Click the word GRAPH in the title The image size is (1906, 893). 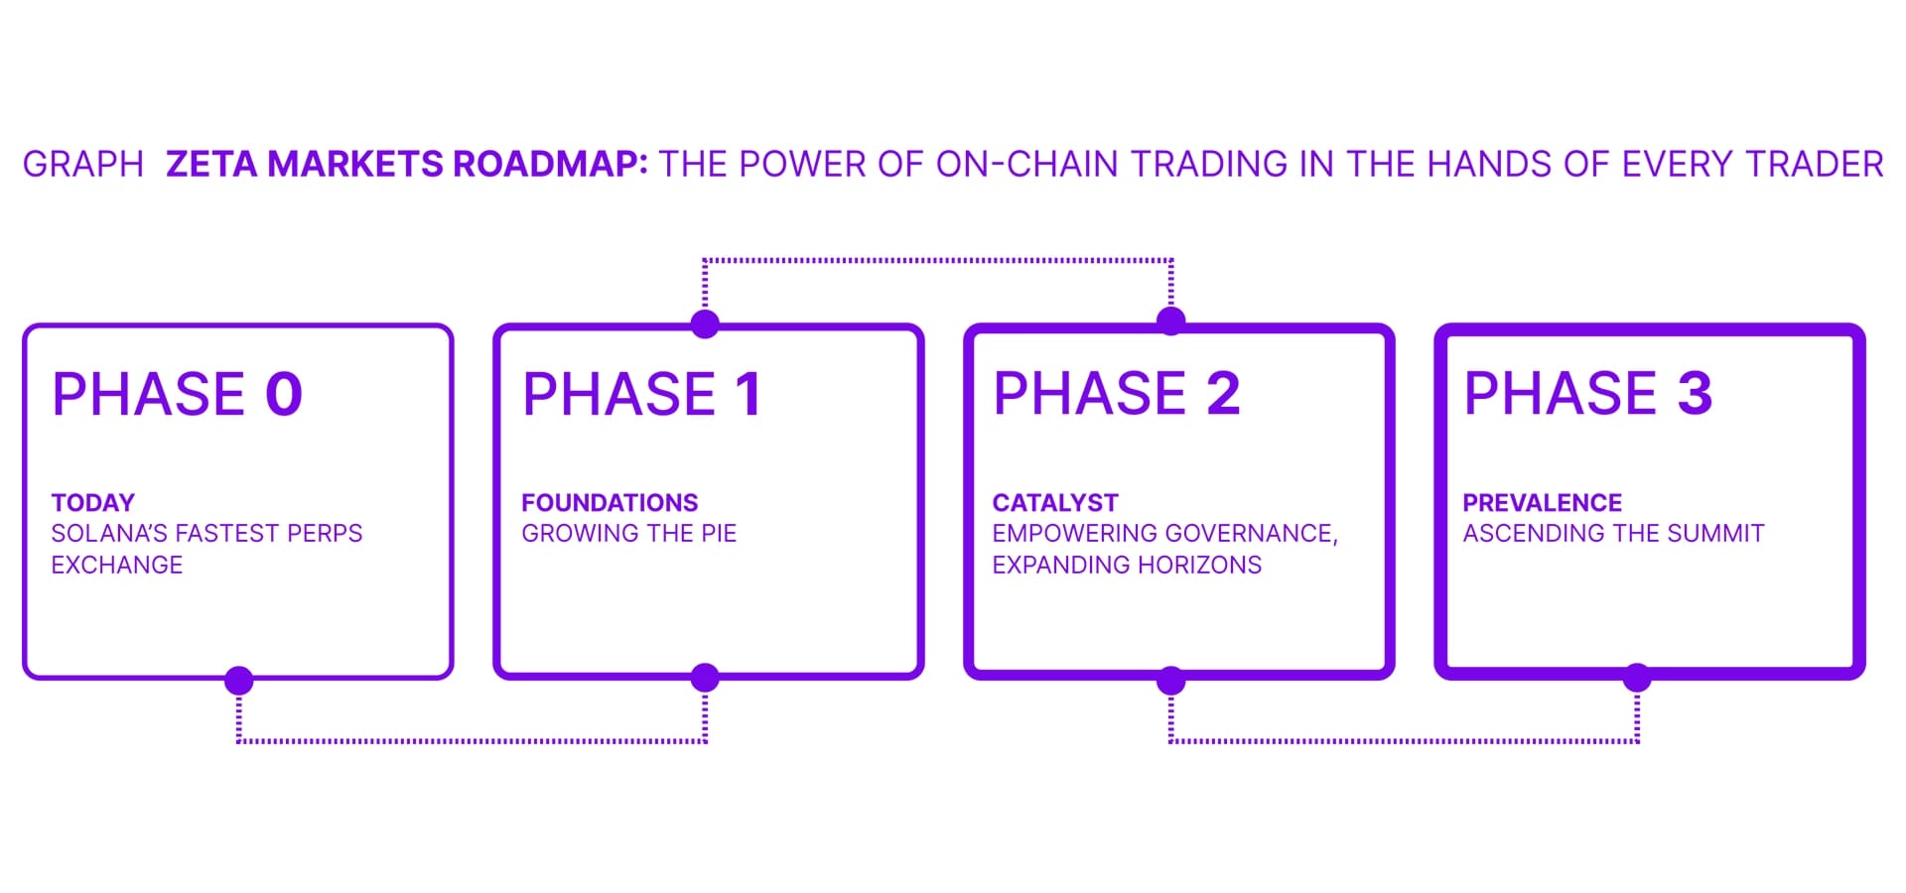tap(83, 164)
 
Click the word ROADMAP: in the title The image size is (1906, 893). tap(550, 164)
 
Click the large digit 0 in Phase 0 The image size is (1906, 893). tap(284, 394)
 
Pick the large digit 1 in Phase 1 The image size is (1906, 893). tap(749, 394)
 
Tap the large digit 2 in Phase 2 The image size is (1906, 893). tap(1223, 394)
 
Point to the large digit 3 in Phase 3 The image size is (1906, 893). tap(1695, 394)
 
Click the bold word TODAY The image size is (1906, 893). tap(93, 503)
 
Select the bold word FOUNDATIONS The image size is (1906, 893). tap(610, 503)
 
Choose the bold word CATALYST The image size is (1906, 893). tap(1055, 503)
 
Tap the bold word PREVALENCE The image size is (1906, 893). tap(1542, 503)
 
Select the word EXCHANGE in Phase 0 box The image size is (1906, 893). tap(117, 566)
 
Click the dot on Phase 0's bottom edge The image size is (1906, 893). tap(239, 681)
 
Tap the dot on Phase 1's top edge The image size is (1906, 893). tap(705, 323)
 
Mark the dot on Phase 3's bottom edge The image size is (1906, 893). tap(1637, 679)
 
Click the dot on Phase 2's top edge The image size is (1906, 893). tap(1171, 320)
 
